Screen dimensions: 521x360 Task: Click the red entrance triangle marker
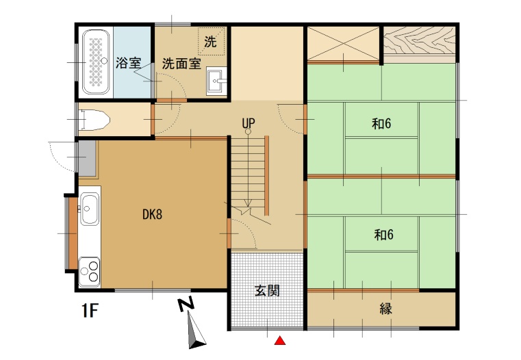pyautogui.click(x=280, y=340)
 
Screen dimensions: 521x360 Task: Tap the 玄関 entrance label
pyautogui.click(x=267, y=290)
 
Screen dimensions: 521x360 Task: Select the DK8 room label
pyautogui.click(x=153, y=214)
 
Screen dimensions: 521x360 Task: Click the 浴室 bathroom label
pyautogui.click(x=128, y=63)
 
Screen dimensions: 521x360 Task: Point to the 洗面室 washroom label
pyautogui.click(x=181, y=64)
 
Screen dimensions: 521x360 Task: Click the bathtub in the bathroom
pyautogui.click(x=96, y=62)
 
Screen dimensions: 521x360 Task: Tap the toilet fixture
pyautogui.click(x=95, y=120)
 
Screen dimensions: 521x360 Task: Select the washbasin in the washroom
pyautogui.click(x=216, y=81)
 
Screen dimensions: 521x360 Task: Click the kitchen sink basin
pyautogui.click(x=90, y=209)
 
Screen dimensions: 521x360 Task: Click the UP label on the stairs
pyautogui.click(x=249, y=123)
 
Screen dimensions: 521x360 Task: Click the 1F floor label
pyautogui.click(x=90, y=311)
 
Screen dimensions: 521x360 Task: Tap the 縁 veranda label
pyautogui.click(x=385, y=309)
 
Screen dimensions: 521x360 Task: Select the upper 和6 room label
pyautogui.click(x=381, y=124)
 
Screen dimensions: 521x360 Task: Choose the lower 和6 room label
pyautogui.click(x=384, y=235)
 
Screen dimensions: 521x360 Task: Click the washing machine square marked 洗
pyautogui.click(x=212, y=41)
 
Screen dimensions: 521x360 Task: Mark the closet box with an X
pyautogui.click(x=343, y=44)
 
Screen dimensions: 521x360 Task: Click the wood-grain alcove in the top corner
pyautogui.click(x=419, y=40)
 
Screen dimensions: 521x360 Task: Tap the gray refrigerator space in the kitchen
pyautogui.click(x=88, y=158)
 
